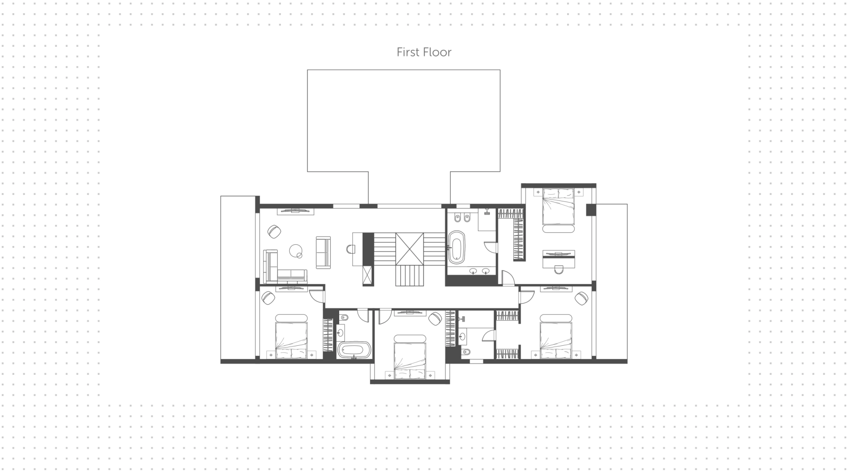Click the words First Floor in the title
click(x=424, y=52)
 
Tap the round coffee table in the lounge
click(x=296, y=251)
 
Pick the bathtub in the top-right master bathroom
click(x=457, y=247)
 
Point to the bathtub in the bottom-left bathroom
click(x=354, y=350)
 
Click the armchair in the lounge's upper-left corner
click(x=274, y=231)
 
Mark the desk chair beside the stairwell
click(x=351, y=249)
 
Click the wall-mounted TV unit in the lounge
click(x=295, y=211)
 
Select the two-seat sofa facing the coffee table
click(x=323, y=253)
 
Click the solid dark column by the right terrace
click(x=591, y=210)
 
